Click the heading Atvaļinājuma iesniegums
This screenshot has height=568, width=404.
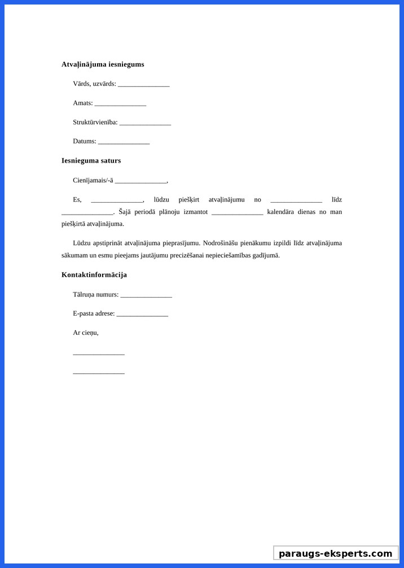[103, 64]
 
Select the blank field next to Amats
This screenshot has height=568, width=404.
[120, 104]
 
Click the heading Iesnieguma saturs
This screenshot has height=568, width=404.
[91, 160]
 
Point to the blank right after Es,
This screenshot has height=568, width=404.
[117, 200]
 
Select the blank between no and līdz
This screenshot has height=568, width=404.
[296, 200]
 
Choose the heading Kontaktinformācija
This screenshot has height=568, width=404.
[94, 275]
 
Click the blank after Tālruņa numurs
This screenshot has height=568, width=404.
[146, 295]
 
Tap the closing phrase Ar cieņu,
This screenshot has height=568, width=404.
[86, 333]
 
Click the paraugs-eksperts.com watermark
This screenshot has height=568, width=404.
[336, 553]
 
